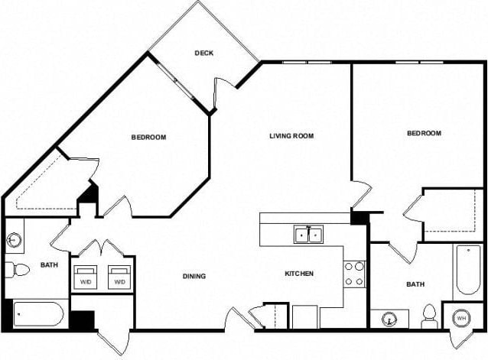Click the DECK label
203,54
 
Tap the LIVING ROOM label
291,137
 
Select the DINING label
194,276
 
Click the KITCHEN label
300,274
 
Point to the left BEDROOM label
148,138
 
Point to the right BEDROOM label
424,133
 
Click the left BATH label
48,266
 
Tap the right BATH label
415,284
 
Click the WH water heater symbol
461,317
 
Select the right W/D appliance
119,276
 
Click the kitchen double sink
309,235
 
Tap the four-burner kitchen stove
354,274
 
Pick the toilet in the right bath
429,316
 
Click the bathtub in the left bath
38,314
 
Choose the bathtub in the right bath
467,272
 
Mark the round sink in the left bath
14,240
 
